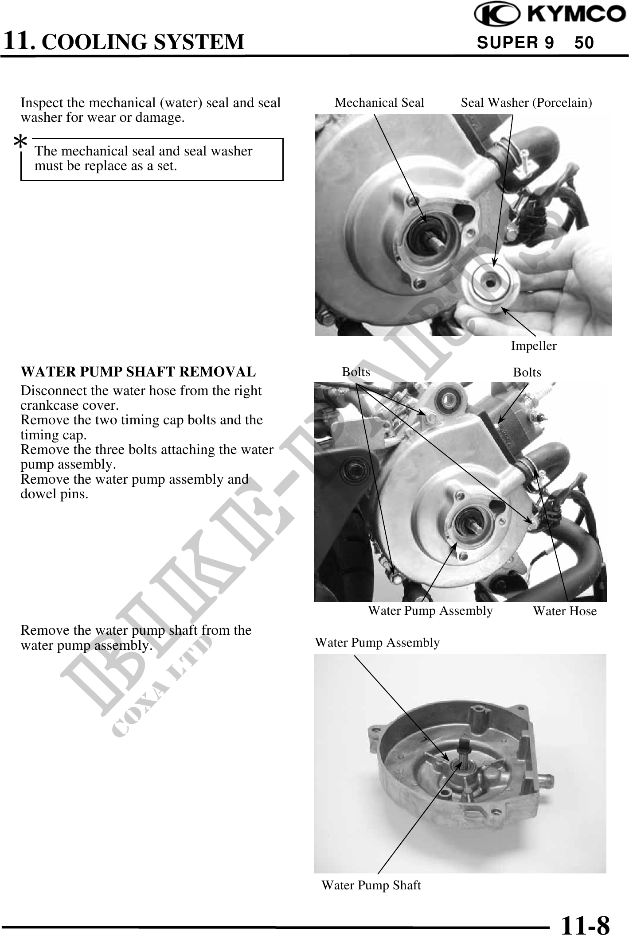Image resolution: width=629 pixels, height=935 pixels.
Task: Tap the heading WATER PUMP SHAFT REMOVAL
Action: (x=138, y=372)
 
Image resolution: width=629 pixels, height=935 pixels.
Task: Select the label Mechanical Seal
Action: (x=379, y=103)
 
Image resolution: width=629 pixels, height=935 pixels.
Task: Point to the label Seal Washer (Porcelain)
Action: (x=527, y=103)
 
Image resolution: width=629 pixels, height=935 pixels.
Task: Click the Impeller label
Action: (x=534, y=346)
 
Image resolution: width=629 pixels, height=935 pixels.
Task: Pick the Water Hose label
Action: (x=565, y=611)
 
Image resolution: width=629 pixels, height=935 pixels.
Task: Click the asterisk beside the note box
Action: (x=20, y=143)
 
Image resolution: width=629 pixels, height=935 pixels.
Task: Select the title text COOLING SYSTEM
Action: (x=145, y=42)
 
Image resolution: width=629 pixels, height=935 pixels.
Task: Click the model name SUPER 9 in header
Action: (x=515, y=43)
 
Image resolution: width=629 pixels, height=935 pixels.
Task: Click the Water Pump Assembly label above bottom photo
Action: (x=377, y=643)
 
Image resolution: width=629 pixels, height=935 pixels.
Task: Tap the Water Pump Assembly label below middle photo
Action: (x=430, y=611)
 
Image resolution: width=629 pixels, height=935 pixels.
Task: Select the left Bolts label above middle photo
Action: (x=356, y=372)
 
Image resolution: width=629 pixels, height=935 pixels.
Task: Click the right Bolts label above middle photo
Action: (x=527, y=372)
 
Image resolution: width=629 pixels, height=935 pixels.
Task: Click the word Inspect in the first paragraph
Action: (x=41, y=103)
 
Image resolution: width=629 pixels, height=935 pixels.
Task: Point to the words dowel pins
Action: (x=55, y=494)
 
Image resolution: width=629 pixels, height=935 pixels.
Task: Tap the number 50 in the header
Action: (x=584, y=43)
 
